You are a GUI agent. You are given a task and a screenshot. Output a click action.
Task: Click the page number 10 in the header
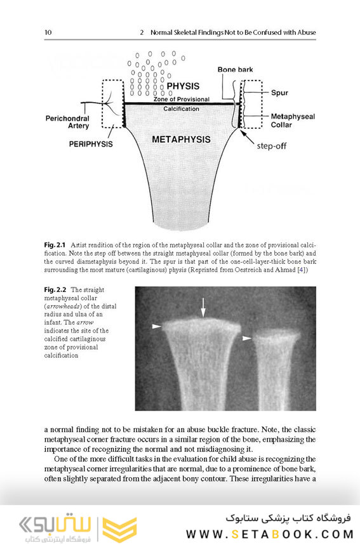[48, 32]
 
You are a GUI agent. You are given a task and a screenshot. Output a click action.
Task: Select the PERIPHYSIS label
[90, 144]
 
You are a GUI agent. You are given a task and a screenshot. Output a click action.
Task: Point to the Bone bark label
[234, 69]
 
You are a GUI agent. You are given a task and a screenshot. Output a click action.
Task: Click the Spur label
[279, 93]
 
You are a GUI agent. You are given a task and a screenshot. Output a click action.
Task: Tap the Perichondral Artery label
[67, 122]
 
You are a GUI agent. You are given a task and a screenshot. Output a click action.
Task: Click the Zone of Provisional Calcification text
[181, 104]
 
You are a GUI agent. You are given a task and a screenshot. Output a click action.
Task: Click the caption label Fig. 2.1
[55, 244]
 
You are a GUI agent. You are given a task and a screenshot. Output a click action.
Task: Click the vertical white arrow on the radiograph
[203, 308]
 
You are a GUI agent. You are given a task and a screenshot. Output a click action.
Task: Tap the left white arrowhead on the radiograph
[156, 326]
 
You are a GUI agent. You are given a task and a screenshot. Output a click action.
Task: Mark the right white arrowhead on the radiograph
[247, 338]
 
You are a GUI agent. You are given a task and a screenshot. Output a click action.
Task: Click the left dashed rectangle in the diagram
[112, 103]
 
